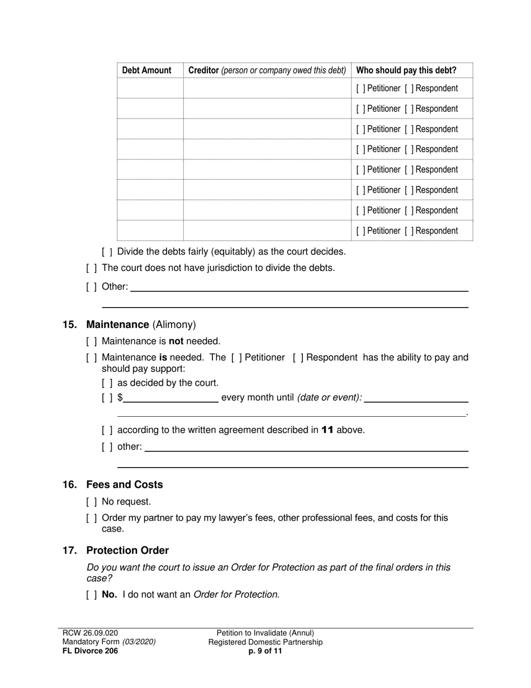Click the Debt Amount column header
pyautogui.click(x=146, y=70)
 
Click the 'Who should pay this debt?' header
pyautogui.click(x=406, y=70)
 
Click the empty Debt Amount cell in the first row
pyautogui.click(x=150, y=88)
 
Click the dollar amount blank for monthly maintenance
pyautogui.click(x=171, y=398)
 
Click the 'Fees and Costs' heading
pyautogui.click(x=124, y=485)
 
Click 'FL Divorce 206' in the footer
pyautogui.click(x=90, y=651)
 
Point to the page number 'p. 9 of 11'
pyautogui.click(x=265, y=651)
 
